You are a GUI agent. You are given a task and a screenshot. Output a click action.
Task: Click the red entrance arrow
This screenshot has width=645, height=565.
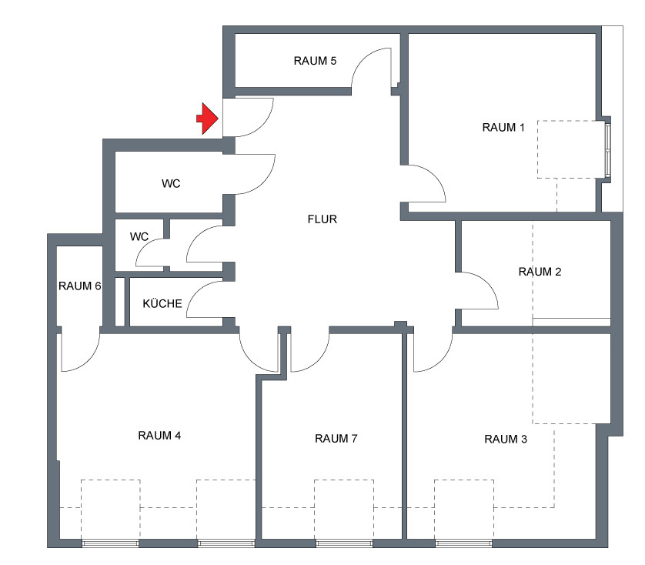[x=207, y=119]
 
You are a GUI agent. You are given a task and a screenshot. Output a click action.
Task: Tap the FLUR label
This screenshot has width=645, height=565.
[x=322, y=219]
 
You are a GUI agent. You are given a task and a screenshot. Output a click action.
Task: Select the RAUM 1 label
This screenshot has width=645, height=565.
[x=503, y=127]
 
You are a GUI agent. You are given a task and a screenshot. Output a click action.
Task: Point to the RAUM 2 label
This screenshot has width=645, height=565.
[x=540, y=272]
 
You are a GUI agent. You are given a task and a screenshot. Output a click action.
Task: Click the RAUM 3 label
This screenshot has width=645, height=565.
[x=506, y=439]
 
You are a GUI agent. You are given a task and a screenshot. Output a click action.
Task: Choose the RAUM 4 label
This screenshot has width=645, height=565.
[x=159, y=436]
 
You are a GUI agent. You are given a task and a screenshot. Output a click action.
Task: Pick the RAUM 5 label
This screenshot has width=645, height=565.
[x=315, y=61]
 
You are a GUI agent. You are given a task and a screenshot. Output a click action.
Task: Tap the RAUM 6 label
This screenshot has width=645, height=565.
[x=79, y=286]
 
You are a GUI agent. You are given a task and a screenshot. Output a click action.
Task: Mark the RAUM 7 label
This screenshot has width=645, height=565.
[x=336, y=439]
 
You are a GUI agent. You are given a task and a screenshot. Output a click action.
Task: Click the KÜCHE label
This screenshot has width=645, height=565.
[x=162, y=304]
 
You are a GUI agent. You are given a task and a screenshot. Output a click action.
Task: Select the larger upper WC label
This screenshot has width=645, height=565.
[x=171, y=183]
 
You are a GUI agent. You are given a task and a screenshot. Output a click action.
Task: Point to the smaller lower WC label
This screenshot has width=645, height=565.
[x=139, y=236]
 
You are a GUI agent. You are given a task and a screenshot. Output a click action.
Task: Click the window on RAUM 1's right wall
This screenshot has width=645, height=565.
[x=607, y=149]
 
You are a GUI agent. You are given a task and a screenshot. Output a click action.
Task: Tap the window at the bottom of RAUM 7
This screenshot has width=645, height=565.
[x=344, y=543]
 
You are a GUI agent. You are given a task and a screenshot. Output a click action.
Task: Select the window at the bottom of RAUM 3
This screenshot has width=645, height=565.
[x=464, y=543]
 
